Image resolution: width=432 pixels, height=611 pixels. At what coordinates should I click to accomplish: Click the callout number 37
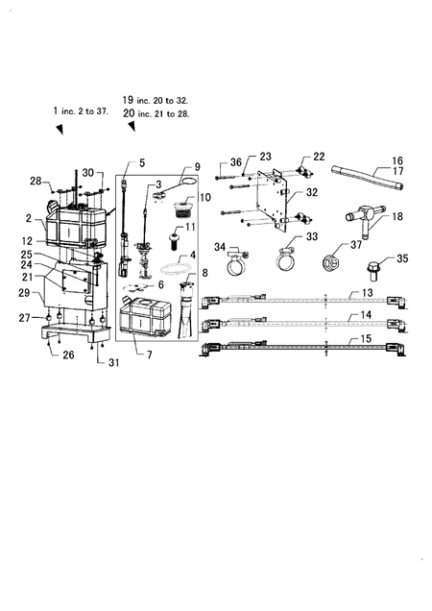tap(356, 245)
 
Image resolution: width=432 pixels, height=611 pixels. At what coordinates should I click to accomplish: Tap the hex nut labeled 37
tap(332, 264)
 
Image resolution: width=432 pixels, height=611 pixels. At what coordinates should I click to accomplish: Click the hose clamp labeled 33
tap(287, 258)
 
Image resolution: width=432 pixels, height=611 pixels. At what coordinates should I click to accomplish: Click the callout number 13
tap(368, 293)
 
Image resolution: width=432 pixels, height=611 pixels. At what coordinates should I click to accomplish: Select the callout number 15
tap(366, 339)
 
